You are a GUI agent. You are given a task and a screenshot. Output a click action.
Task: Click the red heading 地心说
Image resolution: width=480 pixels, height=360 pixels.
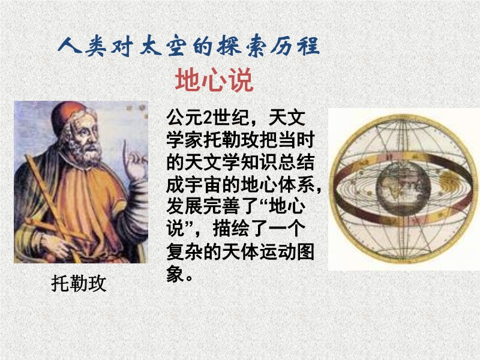tap(214, 80)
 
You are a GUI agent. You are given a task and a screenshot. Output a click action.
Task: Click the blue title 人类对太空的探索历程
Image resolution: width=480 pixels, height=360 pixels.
tap(188, 47)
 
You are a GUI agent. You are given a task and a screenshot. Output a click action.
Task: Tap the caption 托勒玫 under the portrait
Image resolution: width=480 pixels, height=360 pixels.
tap(79, 283)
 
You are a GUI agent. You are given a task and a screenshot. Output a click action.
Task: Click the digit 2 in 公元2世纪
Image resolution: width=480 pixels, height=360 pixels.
tap(208, 117)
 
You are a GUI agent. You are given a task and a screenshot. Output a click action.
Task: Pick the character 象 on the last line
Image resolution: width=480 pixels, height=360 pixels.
tap(176, 274)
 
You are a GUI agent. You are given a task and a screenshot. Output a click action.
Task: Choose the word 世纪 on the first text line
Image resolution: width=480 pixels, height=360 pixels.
tap(231, 117)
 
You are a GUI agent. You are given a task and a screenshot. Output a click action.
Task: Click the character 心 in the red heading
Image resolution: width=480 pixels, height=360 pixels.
tap(214, 80)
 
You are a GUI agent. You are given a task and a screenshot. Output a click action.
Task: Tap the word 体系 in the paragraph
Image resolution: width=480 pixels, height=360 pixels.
tap(296, 184)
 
